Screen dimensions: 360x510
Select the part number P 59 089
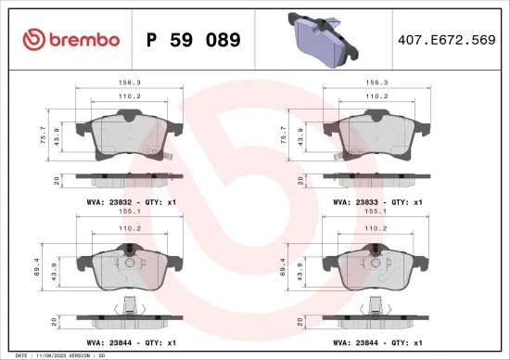[x=194, y=40]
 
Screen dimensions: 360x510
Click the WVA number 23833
[x=372, y=201]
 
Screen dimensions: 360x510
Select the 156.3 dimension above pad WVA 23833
[x=375, y=80]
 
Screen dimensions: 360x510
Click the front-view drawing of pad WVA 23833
[x=375, y=135]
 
